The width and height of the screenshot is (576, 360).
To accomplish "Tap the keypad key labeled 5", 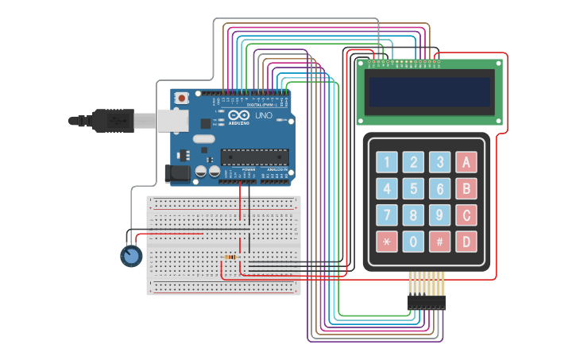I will pyautogui.click(x=413, y=189).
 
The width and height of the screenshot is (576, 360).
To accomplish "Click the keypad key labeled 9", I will pyautogui.click(x=439, y=215).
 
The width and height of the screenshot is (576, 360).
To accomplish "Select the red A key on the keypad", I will pyautogui.click(x=466, y=163).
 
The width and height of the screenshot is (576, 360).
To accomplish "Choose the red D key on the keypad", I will pyautogui.click(x=466, y=242).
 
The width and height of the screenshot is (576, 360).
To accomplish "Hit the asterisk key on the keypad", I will pyautogui.click(x=387, y=242).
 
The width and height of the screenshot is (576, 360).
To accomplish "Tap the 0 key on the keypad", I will pyautogui.click(x=413, y=242).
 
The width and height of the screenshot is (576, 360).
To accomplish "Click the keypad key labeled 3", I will pyautogui.click(x=439, y=163).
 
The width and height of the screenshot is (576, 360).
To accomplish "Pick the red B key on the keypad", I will pyautogui.click(x=466, y=189).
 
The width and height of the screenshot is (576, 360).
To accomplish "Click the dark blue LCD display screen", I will pyautogui.click(x=429, y=92).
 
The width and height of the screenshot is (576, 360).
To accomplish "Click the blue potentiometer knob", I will pyautogui.click(x=131, y=256).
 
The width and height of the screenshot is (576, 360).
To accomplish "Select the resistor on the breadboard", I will pyautogui.click(x=230, y=257).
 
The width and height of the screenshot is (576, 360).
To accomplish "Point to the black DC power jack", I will pyautogui.click(x=176, y=173).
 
